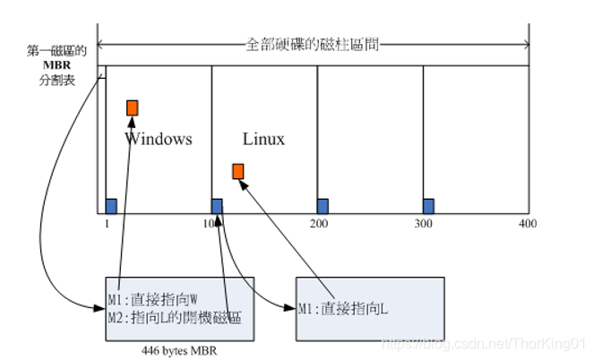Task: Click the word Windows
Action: [159, 139]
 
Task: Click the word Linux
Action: [263, 139]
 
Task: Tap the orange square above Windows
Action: [133, 107]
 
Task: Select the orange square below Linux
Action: [237, 171]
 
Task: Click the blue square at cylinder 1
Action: [111, 205]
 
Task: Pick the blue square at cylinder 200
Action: [322, 205]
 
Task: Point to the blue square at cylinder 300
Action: [428, 205]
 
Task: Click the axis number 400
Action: [526, 224]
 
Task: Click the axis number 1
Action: [105, 224]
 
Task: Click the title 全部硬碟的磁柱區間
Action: [313, 44]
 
